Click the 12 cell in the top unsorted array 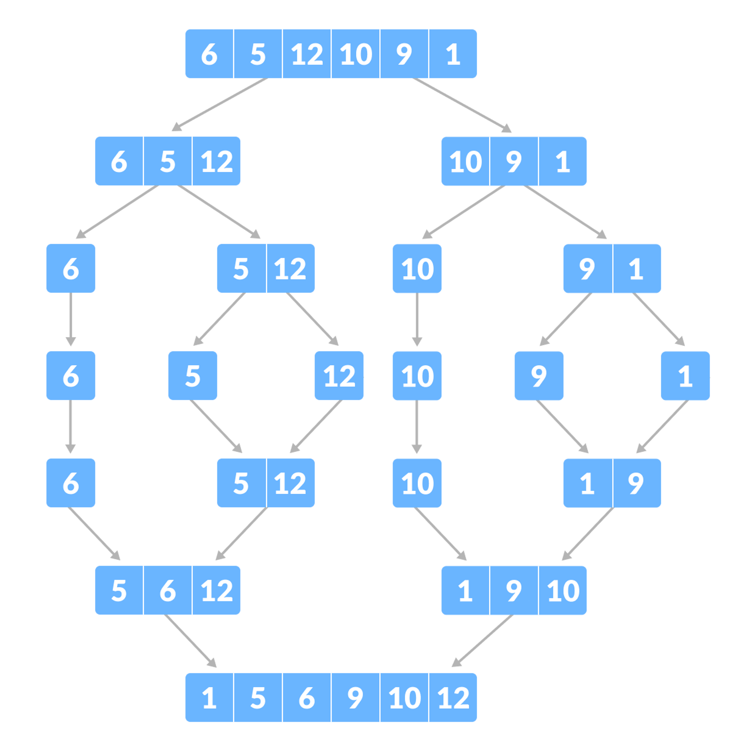click(307, 54)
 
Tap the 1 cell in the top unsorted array click(453, 54)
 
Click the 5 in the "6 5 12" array click(168, 161)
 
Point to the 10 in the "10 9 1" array click(465, 161)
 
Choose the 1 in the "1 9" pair click(587, 483)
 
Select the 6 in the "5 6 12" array click(168, 590)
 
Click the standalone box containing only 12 click(339, 376)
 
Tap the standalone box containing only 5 click(192, 376)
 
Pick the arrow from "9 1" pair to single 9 click(566, 319)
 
